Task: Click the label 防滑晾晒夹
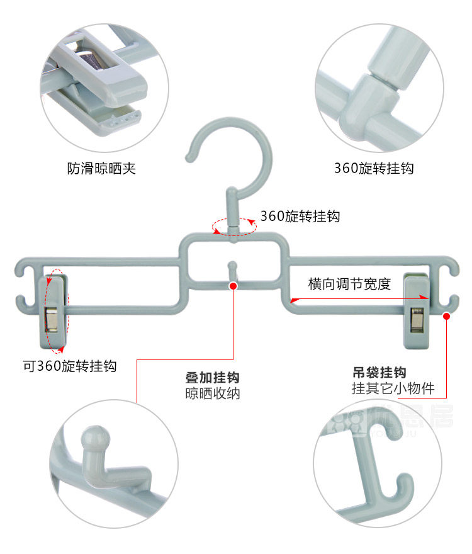pos(101,168)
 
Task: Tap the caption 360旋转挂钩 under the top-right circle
pos(374,168)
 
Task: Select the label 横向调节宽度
pos(350,283)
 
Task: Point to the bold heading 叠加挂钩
pos(213,378)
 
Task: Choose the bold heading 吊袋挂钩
pos(379,372)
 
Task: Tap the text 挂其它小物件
pos(393,388)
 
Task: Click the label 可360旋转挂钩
pos(70,366)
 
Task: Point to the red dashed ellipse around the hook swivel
pos(234,227)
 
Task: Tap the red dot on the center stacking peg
pos(233,285)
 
